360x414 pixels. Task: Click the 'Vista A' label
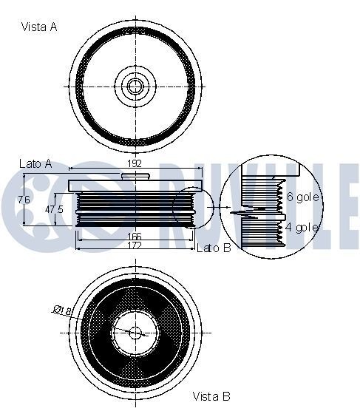coord(38,27)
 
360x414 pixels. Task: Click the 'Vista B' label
coord(211,396)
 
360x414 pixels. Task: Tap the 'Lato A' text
coord(35,163)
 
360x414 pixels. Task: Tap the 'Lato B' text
coord(214,248)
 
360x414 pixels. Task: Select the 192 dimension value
coord(134,164)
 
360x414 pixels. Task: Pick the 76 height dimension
coord(24,200)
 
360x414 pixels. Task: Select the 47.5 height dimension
coord(53,209)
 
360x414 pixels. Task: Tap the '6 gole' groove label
coord(302,197)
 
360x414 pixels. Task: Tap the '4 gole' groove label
coord(302,227)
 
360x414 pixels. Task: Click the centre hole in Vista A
coord(135,86)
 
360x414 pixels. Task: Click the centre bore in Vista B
coord(135,332)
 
